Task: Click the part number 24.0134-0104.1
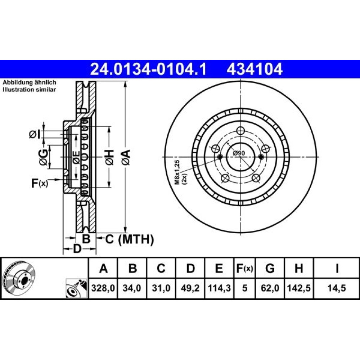[148, 69]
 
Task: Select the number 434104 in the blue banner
[255, 69]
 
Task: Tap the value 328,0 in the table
[103, 288]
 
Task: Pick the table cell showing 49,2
[190, 288]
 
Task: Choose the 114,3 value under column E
[219, 288]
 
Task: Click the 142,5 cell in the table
[299, 288]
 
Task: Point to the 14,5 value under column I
[337, 288]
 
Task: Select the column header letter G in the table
[270, 268]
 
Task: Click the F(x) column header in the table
[244, 268]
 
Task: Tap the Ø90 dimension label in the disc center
[239, 153]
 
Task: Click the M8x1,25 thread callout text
[177, 172]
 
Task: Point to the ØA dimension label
[126, 157]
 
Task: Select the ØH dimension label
[109, 157]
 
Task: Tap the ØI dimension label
[35, 134]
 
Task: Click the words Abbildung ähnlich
[29, 82]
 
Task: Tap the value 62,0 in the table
[270, 288]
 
